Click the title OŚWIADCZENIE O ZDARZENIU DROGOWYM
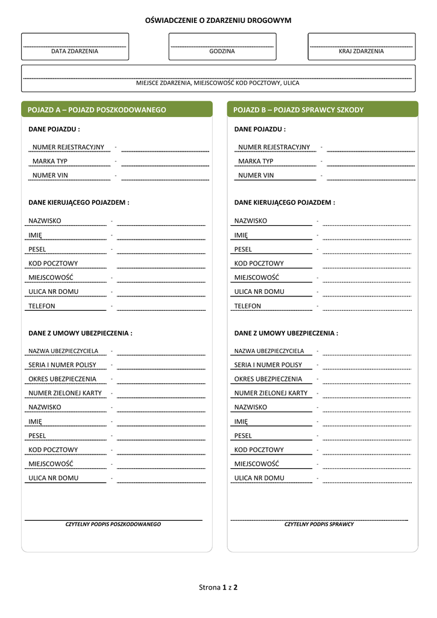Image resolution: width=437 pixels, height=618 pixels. pos(218,21)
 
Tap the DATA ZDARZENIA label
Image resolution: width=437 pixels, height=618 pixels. pos(75,51)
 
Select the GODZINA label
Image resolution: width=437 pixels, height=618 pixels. pos(222,51)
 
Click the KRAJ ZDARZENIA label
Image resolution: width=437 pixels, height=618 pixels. pos(361,51)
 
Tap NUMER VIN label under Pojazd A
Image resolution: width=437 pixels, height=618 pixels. pos(50,176)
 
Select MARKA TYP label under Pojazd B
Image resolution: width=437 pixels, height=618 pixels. pos(256,161)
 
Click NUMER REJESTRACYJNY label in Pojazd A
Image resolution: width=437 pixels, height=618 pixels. pos(68,147)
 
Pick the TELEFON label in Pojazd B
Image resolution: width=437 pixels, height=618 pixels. pos(248,306)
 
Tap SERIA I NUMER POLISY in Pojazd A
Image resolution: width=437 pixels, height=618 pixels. pos(62,365)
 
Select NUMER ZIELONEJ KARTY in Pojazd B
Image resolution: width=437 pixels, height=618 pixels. pos(271,393)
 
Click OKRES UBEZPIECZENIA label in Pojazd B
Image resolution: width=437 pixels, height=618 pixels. pos(268,379)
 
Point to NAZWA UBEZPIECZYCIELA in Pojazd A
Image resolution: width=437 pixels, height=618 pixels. pos(63,351)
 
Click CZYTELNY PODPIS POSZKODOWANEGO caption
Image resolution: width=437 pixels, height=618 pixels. pos(113,524)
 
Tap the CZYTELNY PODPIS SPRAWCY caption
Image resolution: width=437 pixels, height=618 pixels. pos(319,524)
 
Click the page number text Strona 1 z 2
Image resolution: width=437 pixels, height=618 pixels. pos(218,587)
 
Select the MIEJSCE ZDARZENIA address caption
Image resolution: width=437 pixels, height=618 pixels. pos(218,83)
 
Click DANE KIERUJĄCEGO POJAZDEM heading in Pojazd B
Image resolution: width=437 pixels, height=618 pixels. pos(285,203)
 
